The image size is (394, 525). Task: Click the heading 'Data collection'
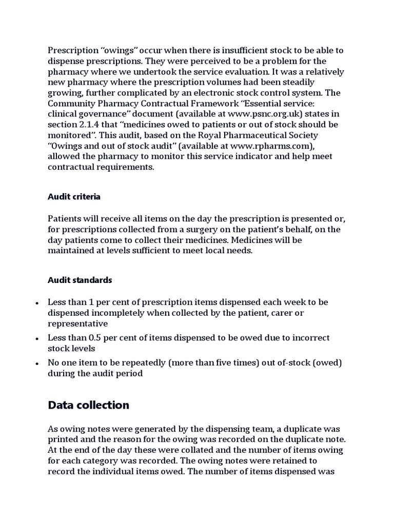tap(88, 405)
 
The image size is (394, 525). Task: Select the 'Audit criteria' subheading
tap(74, 196)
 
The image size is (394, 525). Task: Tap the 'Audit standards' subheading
tap(80, 280)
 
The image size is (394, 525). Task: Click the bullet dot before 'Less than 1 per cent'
tap(37, 303)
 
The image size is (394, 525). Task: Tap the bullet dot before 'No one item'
tap(37, 364)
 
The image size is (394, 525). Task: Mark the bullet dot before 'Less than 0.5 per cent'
tap(37, 339)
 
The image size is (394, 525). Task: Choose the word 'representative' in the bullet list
tap(77, 324)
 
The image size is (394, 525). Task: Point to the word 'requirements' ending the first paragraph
tap(126, 167)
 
